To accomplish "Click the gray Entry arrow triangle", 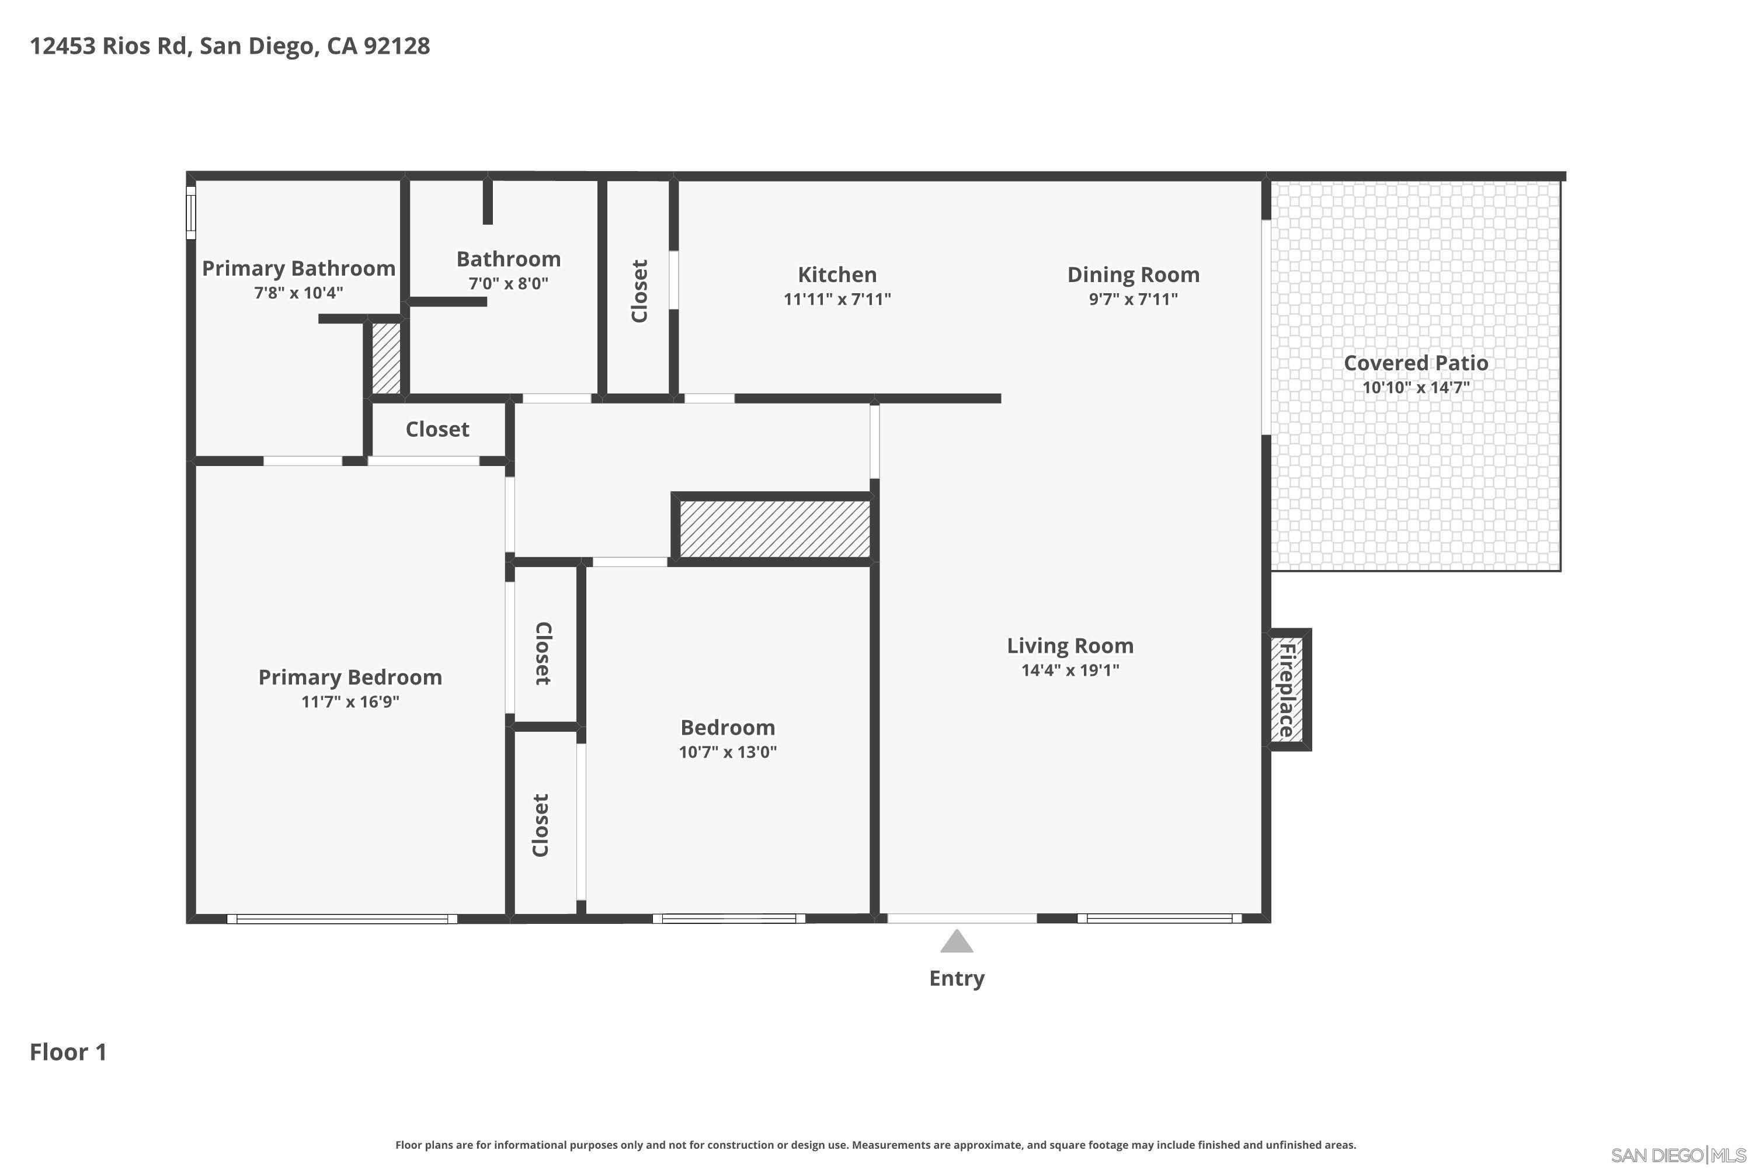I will pyautogui.click(x=957, y=943).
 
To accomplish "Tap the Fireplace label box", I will pyautogui.click(x=1287, y=690).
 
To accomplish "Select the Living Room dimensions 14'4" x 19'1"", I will pyautogui.click(x=1070, y=670).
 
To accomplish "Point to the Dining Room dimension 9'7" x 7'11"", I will pyautogui.click(x=1133, y=298).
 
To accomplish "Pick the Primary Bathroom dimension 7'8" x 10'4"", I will pyautogui.click(x=298, y=292).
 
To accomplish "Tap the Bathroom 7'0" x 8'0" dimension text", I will pyautogui.click(x=508, y=283).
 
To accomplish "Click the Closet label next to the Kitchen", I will pyautogui.click(x=639, y=290).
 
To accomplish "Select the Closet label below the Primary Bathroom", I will pyautogui.click(x=437, y=429).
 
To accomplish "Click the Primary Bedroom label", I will pyautogui.click(x=350, y=677).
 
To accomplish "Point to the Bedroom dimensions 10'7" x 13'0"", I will pyautogui.click(x=727, y=752).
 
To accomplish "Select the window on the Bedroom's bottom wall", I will pyautogui.click(x=728, y=919).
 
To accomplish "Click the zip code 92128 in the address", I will pyautogui.click(x=397, y=46).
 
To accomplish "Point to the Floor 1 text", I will pyautogui.click(x=68, y=1052).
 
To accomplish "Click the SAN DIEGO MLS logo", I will pyautogui.click(x=1679, y=1155).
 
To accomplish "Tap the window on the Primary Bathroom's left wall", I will pyautogui.click(x=191, y=213).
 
